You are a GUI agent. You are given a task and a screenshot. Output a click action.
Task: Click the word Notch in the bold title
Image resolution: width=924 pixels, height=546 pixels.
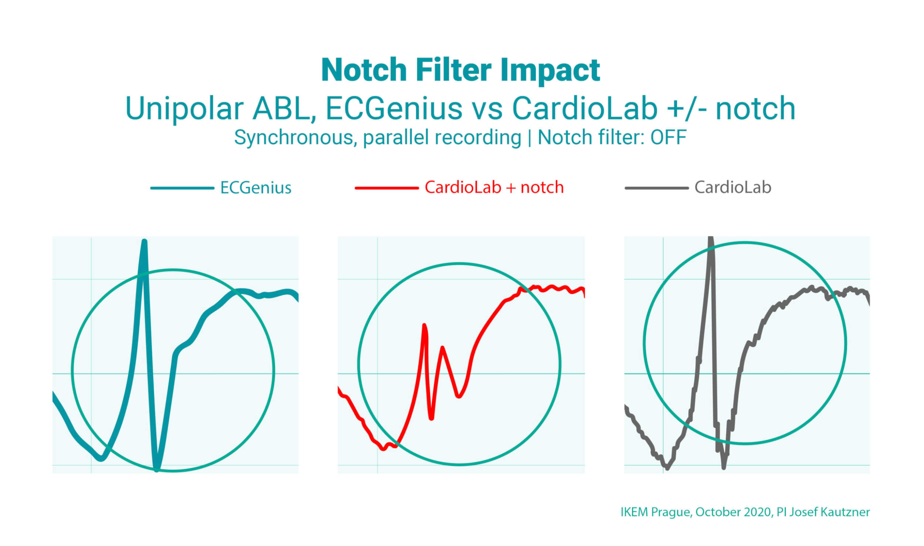[364, 70]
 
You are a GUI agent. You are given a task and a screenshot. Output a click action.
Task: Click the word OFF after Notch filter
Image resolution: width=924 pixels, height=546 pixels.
[668, 137]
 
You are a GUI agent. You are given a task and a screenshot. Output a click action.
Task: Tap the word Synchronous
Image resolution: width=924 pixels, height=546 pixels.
[295, 138]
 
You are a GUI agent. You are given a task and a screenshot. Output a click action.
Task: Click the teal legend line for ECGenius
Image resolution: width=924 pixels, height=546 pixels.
[182, 188]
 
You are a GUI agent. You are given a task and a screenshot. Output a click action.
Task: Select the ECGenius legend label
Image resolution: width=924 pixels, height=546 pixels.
[256, 188]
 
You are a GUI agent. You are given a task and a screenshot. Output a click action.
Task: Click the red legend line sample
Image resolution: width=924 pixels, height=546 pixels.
[387, 188]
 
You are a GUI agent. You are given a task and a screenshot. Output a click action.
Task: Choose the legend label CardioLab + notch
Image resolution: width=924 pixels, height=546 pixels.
[494, 188]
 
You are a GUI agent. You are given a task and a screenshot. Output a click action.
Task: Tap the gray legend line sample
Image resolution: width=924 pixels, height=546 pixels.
[656, 188]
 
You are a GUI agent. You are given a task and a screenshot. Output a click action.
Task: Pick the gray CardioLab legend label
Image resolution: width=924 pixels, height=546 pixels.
[733, 188]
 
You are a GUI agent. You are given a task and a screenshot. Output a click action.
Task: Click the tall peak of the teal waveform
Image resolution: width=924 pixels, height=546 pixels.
[145, 243]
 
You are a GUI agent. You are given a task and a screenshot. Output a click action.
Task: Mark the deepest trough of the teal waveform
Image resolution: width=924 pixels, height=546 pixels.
[157, 469]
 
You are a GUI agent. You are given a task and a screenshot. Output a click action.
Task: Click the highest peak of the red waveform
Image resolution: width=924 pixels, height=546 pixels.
[424, 326]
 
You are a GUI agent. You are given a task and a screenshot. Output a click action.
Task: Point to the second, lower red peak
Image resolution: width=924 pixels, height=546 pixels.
[442, 348]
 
